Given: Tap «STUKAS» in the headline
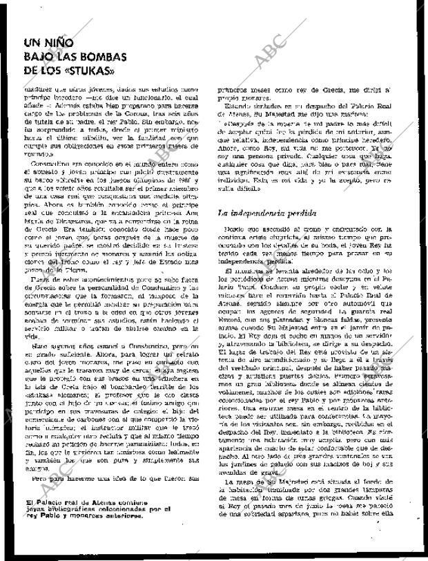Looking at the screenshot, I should tap(88, 70).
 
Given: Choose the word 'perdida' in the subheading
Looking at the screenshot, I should tap(313, 214).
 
